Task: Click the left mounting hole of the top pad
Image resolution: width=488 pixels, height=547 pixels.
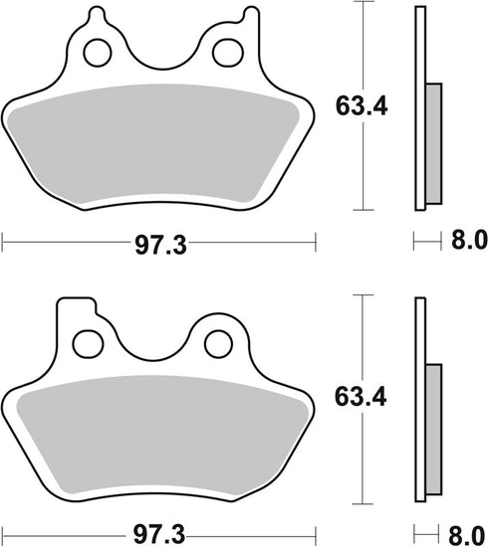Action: pyautogui.click(x=97, y=52)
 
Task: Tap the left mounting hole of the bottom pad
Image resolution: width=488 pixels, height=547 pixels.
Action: pyautogui.click(x=89, y=341)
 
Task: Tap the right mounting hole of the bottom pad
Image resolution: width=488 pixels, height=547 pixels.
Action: pyautogui.click(x=216, y=344)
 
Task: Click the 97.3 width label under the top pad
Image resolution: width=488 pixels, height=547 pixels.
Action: pyautogui.click(x=158, y=243)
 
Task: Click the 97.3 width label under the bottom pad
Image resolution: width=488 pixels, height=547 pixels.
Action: pyautogui.click(x=158, y=532)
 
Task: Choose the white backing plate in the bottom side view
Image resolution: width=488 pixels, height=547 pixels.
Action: pyautogui.click(x=419, y=398)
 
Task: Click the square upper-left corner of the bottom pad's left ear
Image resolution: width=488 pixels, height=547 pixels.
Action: pyautogui.click(x=59, y=301)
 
